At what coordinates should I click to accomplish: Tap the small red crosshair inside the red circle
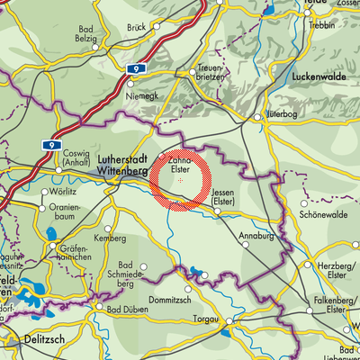click(181, 181)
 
